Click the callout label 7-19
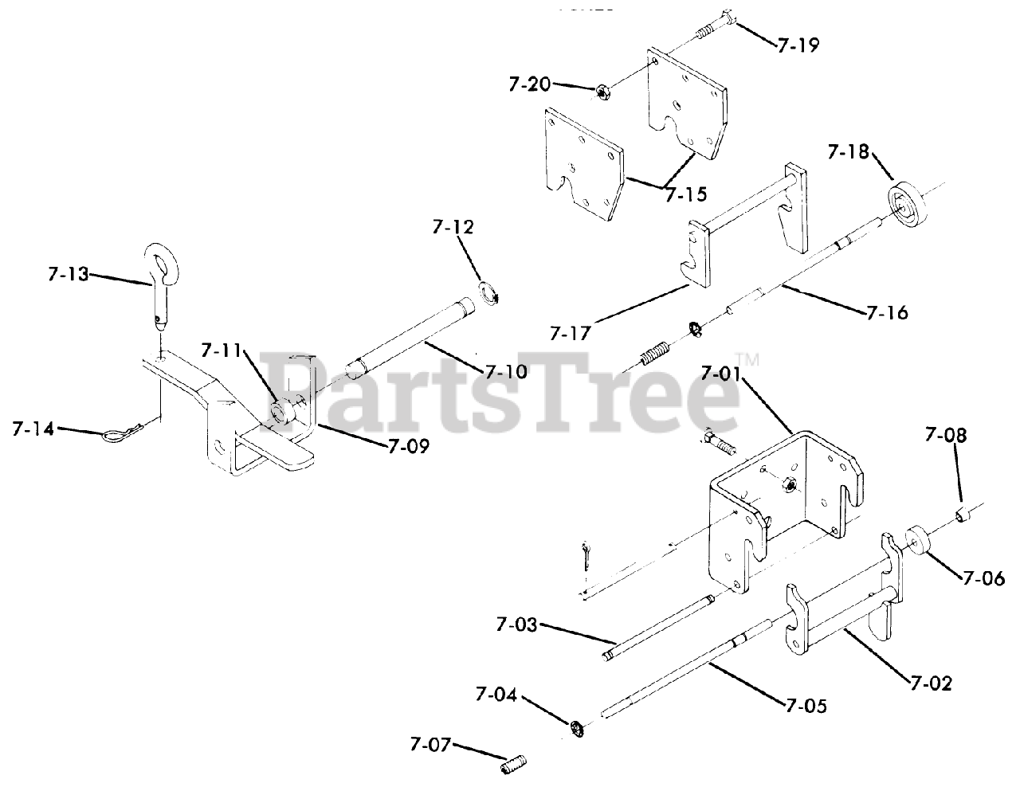[x=798, y=45]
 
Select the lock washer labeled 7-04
[x=575, y=727]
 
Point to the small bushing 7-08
[x=961, y=511]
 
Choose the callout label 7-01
[x=724, y=372]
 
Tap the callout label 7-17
[x=570, y=332]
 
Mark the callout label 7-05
[x=806, y=706]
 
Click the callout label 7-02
[x=930, y=682]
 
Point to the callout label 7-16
[x=886, y=313]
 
